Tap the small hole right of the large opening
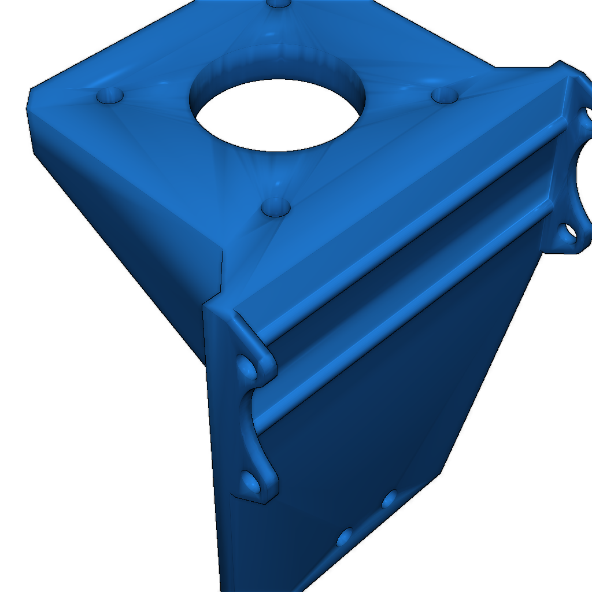[443, 94]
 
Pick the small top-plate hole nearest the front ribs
[275, 206]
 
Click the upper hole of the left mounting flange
[246, 367]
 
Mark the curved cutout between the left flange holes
[247, 422]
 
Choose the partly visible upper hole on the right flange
[586, 119]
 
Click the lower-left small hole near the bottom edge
[345, 537]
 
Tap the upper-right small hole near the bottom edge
[390, 499]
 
